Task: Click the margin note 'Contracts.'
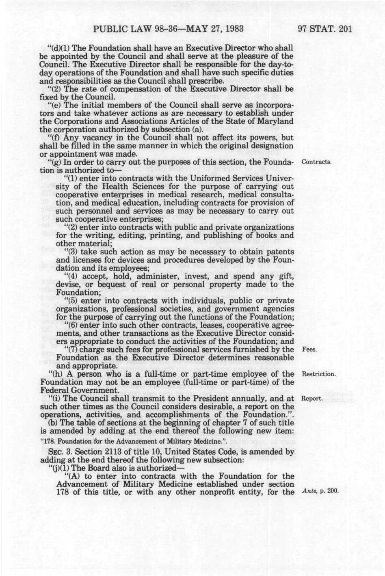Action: [x=317, y=162]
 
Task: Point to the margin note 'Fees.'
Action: [x=309, y=349]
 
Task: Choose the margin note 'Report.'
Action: [x=312, y=399]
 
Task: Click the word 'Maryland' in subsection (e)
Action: [x=276, y=121]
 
